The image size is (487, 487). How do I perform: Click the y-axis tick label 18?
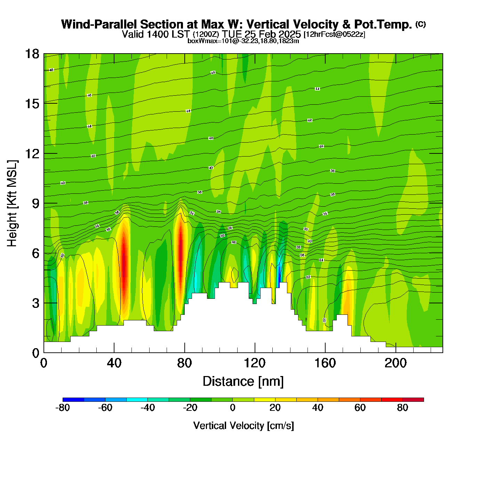32,54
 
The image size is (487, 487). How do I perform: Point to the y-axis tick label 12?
32,153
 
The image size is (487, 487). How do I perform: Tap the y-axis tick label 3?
35,303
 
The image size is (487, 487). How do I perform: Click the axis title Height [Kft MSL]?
12,203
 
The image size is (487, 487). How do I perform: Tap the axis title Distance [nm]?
243,382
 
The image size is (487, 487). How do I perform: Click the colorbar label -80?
63,408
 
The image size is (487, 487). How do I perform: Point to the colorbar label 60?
360,408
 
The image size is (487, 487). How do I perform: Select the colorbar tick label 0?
233,408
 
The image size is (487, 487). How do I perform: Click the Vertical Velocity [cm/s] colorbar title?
243,426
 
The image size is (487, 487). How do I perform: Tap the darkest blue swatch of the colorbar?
73,399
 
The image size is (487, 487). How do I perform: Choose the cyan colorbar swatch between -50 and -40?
137,399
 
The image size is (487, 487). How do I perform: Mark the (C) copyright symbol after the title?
421,24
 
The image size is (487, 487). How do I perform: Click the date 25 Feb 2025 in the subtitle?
272,34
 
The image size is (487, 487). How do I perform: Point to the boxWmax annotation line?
243,41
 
